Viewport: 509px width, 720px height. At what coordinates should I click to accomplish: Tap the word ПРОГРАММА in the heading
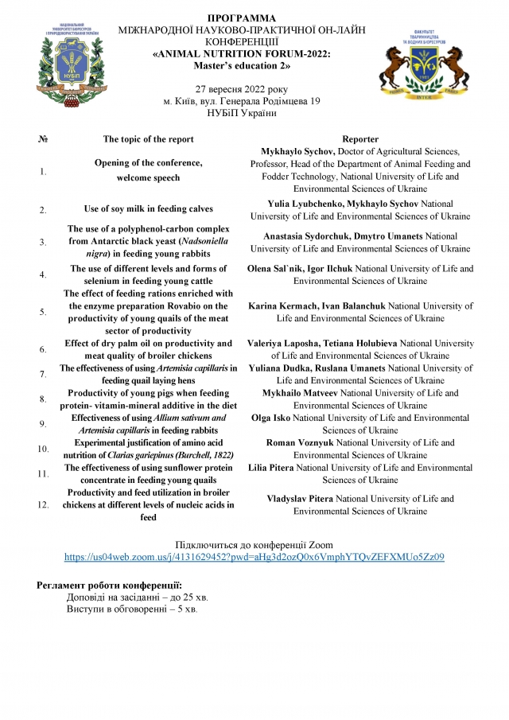[242, 18]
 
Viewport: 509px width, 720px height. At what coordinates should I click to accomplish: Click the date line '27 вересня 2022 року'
[242, 89]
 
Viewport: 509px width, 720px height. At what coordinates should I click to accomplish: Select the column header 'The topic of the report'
[148, 139]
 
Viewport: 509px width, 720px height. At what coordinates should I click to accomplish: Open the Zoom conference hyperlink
[254, 558]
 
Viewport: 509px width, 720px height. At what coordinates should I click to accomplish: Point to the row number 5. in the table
[43, 311]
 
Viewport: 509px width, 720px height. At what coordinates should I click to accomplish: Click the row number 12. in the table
[43, 504]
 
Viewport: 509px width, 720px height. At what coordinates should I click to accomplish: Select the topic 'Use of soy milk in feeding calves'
[149, 209]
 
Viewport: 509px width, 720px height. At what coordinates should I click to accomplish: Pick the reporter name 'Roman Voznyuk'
[297, 442]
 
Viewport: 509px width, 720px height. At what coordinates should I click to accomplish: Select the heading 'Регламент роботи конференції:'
[110, 586]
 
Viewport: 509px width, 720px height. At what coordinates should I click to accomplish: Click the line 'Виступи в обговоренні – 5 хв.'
[133, 609]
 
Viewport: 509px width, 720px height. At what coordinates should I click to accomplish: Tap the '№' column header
[43, 139]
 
